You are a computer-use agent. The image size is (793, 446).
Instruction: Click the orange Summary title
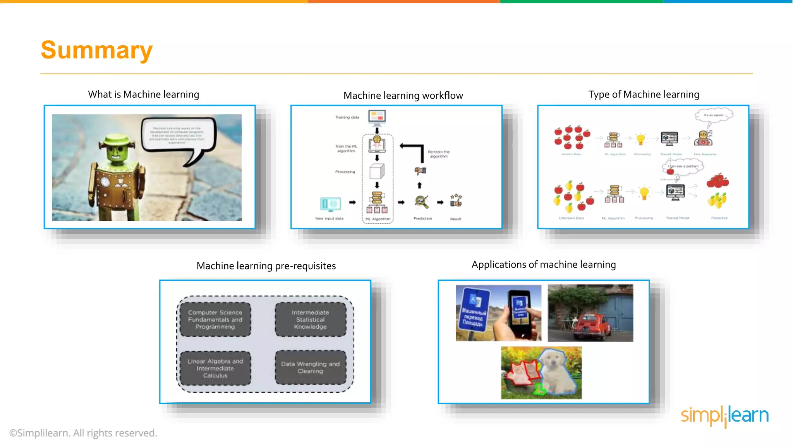click(x=96, y=50)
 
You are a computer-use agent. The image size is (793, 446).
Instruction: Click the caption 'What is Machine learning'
click(x=143, y=94)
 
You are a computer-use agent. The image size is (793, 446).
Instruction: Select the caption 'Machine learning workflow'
click(x=403, y=96)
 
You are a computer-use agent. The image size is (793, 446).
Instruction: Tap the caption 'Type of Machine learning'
click(x=644, y=94)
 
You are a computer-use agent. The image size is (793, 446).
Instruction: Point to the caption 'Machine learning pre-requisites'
click(x=266, y=266)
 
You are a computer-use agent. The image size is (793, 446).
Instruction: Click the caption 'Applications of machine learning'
click(x=543, y=265)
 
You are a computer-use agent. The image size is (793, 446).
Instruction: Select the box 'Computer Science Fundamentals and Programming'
click(x=215, y=319)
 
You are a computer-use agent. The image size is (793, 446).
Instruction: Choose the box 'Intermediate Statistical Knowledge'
click(x=310, y=319)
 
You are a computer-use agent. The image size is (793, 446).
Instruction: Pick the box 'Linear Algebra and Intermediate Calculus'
click(x=215, y=368)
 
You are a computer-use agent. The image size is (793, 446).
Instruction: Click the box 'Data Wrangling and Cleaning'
click(x=310, y=367)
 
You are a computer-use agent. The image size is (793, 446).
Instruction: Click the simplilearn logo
click(x=724, y=416)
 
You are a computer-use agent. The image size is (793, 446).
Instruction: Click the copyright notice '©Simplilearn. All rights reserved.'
click(x=83, y=433)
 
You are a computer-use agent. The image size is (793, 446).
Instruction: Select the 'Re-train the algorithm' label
click(x=438, y=154)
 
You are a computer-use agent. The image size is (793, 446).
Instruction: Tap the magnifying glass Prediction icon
click(x=421, y=202)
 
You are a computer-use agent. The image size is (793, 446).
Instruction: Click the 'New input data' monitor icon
click(x=330, y=204)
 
